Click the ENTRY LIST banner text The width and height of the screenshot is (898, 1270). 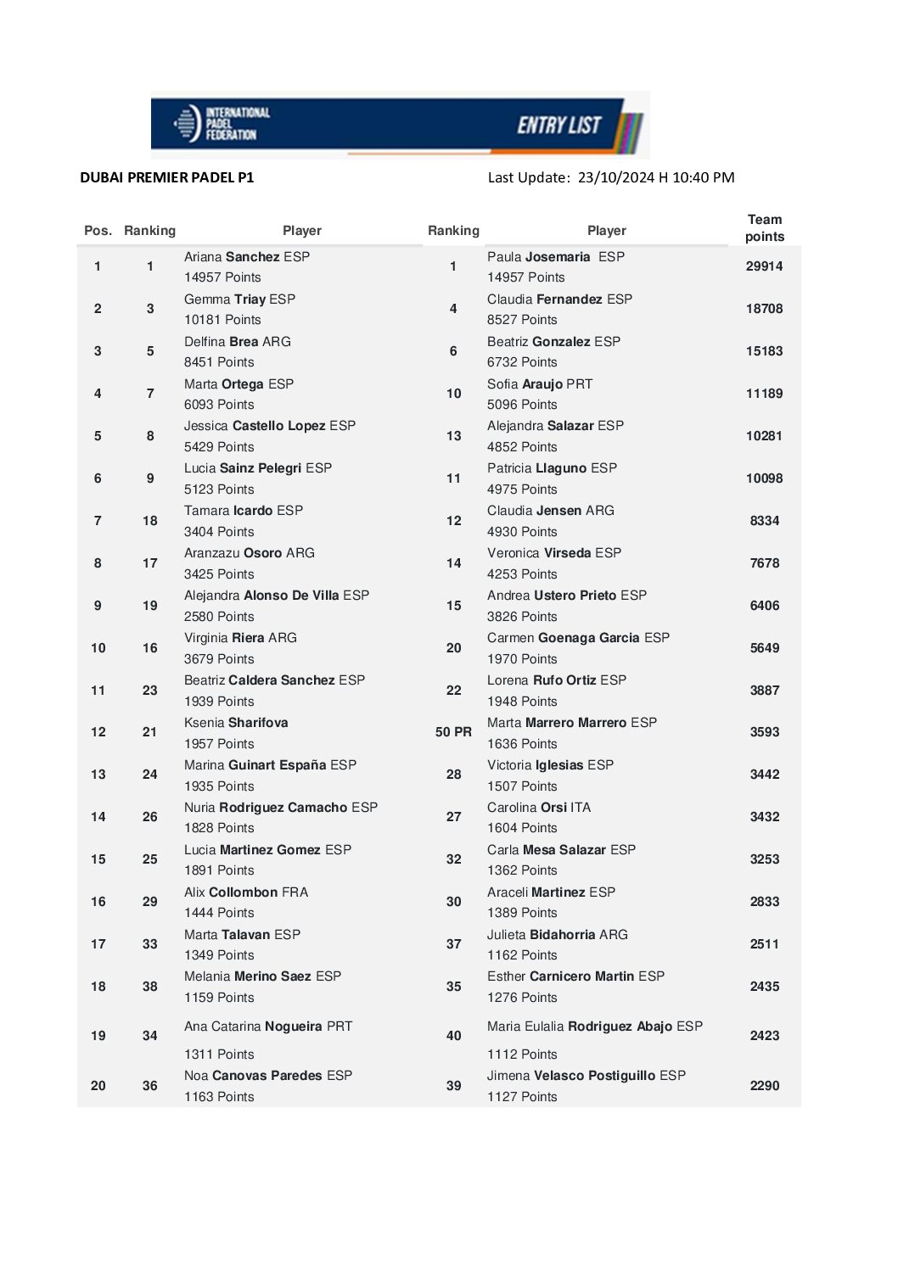(558, 126)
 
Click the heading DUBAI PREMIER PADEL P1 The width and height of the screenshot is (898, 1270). (167, 177)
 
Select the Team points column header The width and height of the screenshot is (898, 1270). (764, 228)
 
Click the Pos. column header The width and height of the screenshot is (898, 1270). (98, 231)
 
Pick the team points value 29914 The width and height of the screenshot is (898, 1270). (764, 266)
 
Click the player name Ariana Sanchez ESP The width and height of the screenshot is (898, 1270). (247, 257)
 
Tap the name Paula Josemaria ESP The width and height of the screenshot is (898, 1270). (555, 257)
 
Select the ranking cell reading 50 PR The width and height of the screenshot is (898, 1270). (453, 732)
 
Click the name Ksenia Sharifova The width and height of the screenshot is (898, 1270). (236, 723)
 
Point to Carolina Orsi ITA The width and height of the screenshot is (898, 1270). (539, 808)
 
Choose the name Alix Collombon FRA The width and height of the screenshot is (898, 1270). (246, 892)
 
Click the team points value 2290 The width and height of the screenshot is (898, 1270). (764, 1086)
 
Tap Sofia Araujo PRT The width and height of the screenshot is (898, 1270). (540, 384)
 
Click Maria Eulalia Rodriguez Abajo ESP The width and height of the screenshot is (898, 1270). (595, 1027)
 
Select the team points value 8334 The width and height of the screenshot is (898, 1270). (764, 521)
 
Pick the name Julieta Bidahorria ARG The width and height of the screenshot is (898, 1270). (558, 935)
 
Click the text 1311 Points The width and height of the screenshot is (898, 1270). (219, 1055)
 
